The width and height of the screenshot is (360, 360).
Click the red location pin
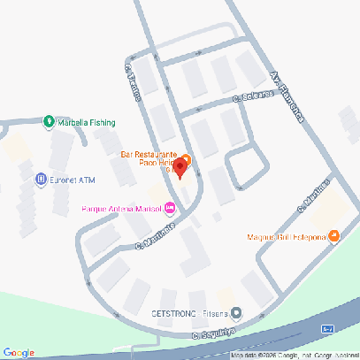tap(180, 166)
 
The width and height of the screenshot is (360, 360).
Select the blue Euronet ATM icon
tap(41, 180)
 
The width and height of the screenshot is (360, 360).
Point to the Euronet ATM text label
tap(73, 180)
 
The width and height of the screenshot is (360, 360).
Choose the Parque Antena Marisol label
tap(121, 209)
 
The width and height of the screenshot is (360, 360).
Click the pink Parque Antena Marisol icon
tap(170, 209)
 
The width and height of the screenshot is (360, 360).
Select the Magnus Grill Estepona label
tap(287, 237)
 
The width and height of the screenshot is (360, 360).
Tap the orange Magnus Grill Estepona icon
tap(333, 235)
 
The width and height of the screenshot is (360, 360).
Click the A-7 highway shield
tap(328, 328)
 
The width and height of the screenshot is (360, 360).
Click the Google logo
tap(19, 352)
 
